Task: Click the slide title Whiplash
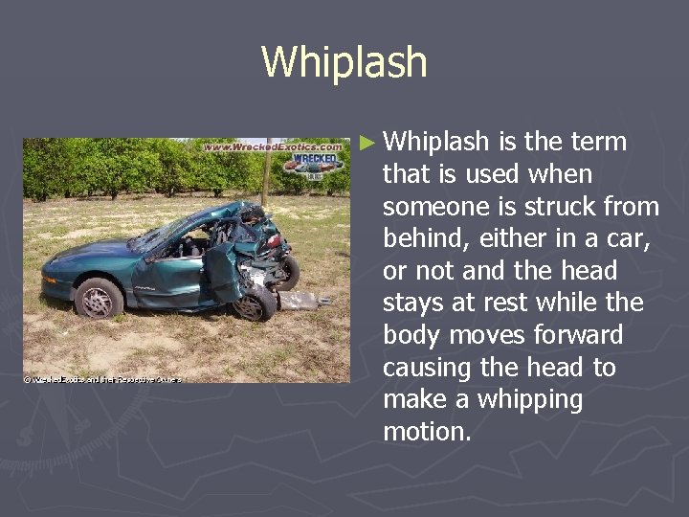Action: coord(344,63)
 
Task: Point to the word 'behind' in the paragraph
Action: coord(416,239)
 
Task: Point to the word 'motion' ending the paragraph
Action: coord(426,433)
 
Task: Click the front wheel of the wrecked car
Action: coord(99,298)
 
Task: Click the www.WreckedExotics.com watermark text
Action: coord(272,148)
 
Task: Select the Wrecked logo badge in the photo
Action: coord(317,163)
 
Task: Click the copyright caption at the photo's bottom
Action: coord(100,378)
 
